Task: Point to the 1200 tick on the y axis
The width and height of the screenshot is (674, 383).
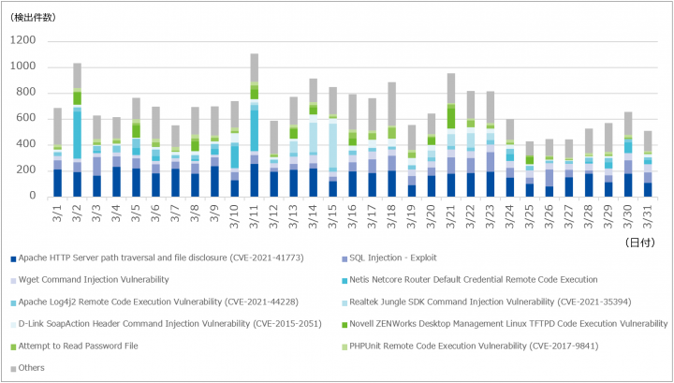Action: coord(23,40)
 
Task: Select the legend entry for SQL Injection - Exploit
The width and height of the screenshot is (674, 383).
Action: coord(389,258)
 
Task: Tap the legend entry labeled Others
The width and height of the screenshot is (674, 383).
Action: coord(28,368)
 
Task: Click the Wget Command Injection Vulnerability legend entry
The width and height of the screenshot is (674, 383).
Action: coord(90,280)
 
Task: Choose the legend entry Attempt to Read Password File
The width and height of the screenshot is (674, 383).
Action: coord(74,346)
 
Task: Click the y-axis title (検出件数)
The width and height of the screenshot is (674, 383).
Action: coord(33,18)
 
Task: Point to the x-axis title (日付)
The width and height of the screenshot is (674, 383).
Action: coord(640,243)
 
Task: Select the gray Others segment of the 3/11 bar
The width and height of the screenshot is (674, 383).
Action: coord(254,67)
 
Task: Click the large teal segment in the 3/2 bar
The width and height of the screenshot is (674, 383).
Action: coord(78,135)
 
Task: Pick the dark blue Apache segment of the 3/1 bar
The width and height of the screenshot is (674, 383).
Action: coord(58,184)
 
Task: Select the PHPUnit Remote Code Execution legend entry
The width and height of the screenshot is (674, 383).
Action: coord(470,346)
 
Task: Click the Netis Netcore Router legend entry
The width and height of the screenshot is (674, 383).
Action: coord(470,280)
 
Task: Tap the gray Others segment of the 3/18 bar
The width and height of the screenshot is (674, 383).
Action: coord(391,104)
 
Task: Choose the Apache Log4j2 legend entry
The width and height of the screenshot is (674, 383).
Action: coord(154,302)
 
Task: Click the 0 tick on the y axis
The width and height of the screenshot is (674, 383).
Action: coord(33,197)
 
